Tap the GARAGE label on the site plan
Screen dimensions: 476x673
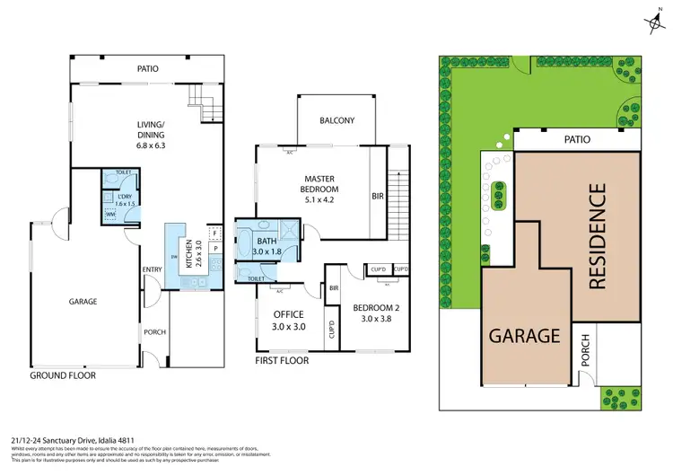pos(524,336)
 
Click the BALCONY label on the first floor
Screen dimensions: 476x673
pos(337,120)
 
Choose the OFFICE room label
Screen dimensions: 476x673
pos(288,314)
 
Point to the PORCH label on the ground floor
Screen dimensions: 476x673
pos(155,331)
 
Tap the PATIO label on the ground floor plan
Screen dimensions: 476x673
pos(148,67)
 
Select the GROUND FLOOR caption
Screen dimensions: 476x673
pos(63,375)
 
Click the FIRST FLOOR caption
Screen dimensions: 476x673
pos(281,360)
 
